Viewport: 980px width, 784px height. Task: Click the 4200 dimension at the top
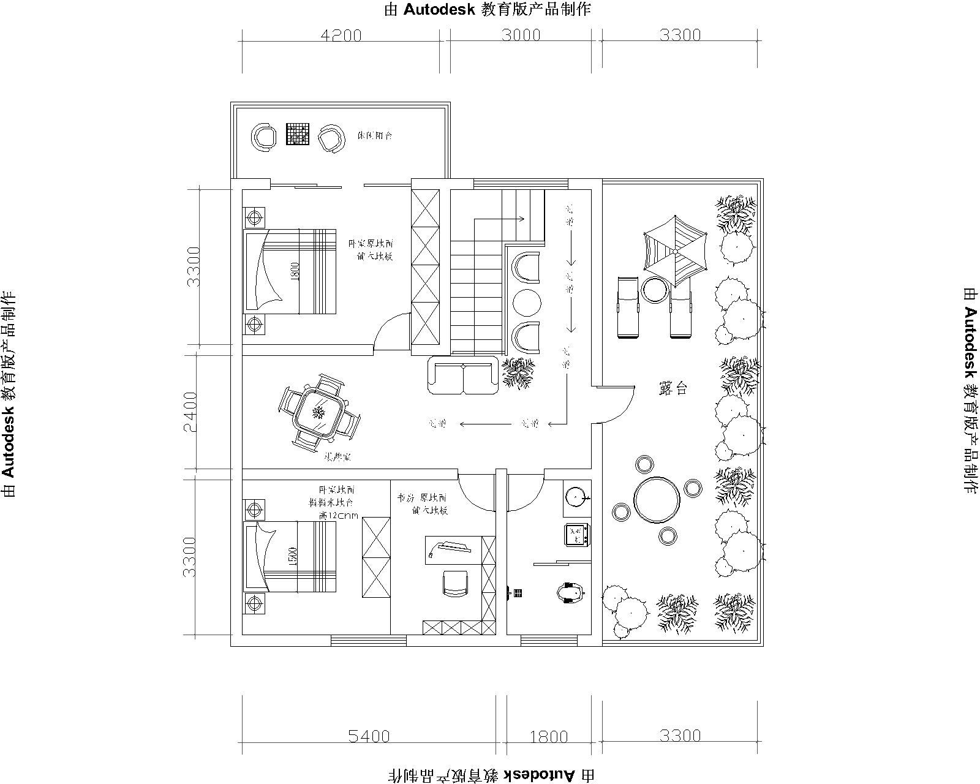click(x=341, y=36)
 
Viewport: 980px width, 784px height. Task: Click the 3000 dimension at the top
click(x=521, y=35)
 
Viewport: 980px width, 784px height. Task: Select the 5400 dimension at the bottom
click(x=369, y=736)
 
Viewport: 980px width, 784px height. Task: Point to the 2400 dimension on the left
click(x=191, y=412)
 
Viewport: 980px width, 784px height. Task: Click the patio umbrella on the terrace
click(x=674, y=251)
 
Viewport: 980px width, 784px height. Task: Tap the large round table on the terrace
click(x=657, y=500)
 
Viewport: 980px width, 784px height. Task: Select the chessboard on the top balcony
click(x=298, y=135)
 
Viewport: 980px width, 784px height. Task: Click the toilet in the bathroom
click(x=570, y=593)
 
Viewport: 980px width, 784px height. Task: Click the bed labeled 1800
click(x=290, y=272)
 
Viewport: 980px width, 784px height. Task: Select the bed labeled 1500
click(x=290, y=557)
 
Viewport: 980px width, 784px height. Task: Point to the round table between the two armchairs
click(x=527, y=301)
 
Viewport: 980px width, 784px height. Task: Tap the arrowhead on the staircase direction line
click(x=522, y=218)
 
